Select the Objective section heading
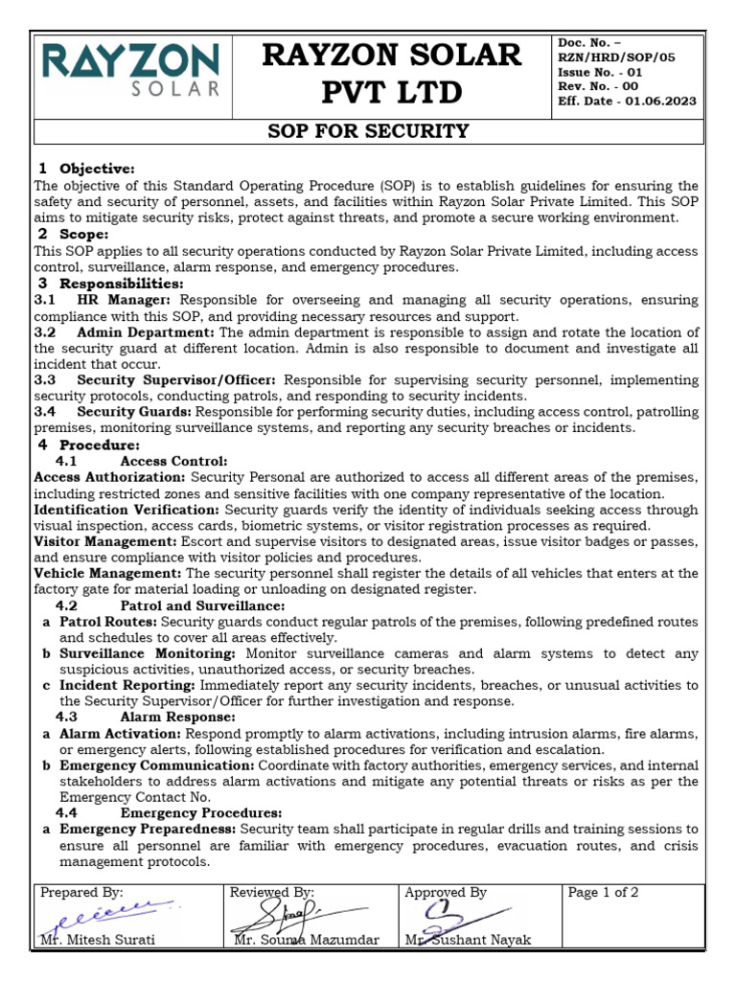point(98,169)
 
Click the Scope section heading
point(84,234)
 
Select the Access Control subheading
point(173,461)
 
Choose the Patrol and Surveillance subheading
point(201,605)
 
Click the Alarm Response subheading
point(177,717)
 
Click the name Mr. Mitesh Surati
point(99,940)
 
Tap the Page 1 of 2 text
point(604,892)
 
